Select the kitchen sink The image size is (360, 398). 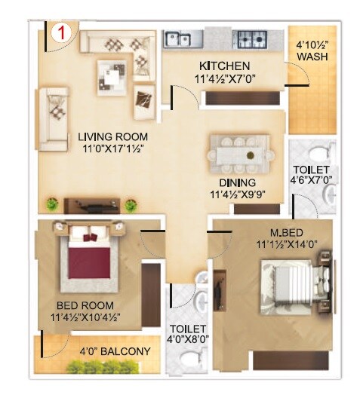click(x=179, y=38)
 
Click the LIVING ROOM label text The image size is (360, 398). click(x=112, y=136)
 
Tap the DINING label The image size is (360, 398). click(x=238, y=182)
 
